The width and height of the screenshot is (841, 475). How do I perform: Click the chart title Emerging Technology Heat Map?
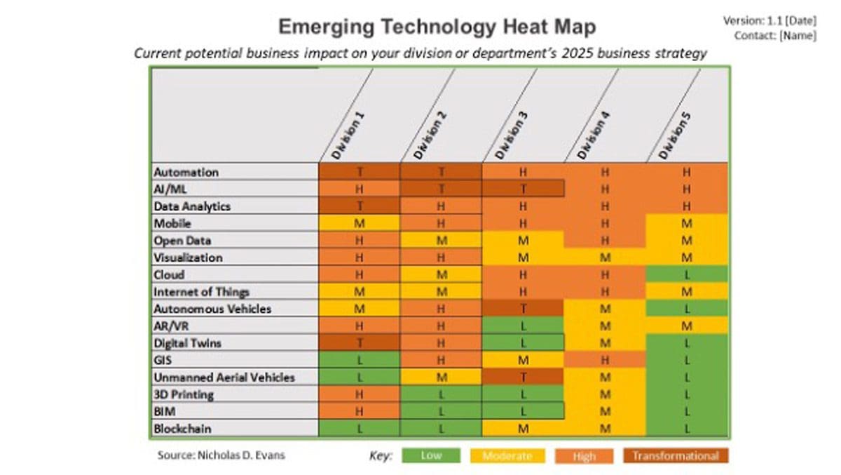(437, 27)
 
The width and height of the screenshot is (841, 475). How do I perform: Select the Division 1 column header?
(349, 134)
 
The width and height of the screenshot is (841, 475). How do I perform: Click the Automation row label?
(186, 172)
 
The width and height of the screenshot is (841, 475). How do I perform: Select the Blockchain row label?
(183, 429)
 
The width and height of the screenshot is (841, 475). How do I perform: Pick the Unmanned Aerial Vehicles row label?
(224, 377)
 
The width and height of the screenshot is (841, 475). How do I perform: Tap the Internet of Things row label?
(202, 292)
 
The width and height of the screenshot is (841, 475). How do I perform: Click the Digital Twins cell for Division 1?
(360, 343)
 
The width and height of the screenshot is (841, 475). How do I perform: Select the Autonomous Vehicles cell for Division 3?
(522, 309)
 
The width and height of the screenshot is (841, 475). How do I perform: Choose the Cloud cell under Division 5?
(687, 274)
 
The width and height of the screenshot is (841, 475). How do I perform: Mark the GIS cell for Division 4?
(605, 360)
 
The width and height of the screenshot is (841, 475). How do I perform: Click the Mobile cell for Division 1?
(360, 223)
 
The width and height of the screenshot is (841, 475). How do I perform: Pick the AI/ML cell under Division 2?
(441, 189)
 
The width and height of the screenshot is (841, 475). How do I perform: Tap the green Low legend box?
(431, 456)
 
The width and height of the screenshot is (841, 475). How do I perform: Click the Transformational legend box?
(676, 456)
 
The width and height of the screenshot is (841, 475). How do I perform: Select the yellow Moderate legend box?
(507, 456)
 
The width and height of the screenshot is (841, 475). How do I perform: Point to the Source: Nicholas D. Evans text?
(221, 455)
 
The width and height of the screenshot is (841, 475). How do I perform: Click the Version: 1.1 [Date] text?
(769, 21)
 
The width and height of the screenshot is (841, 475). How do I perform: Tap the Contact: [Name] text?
(774, 35)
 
